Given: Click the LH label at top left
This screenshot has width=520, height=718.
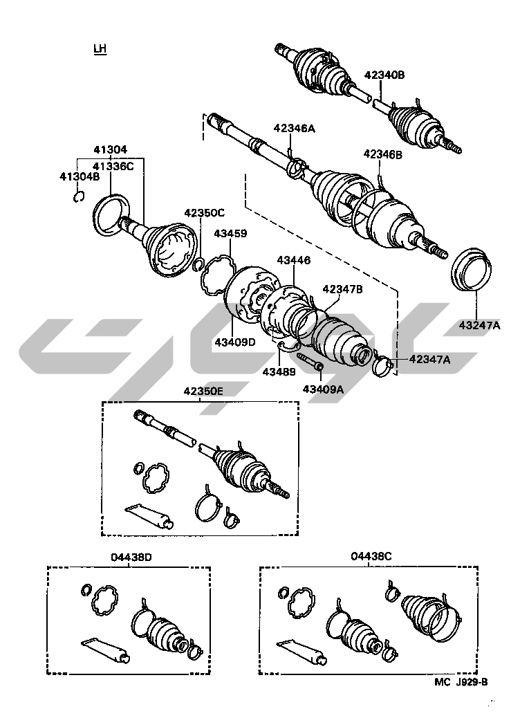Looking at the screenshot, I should click(x=100, y=49).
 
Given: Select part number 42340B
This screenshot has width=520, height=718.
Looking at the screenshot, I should click(x=384, y=75).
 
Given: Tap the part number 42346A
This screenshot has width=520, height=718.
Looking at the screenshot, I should click(x=294, y=128).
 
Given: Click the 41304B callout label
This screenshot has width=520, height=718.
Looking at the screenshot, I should click(x=80, y=176).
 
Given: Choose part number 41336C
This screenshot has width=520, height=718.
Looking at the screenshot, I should click(x=113, y=165).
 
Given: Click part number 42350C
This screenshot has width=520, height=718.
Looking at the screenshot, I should click(x=204, y=212).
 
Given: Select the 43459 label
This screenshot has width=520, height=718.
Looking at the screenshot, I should click(x=230, y=234).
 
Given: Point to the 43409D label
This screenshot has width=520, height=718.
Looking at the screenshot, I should click(x=234, y=342).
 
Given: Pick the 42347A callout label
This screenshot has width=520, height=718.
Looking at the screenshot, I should click(x=429, y=359).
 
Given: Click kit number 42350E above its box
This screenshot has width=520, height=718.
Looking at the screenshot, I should click(x=203, y=391).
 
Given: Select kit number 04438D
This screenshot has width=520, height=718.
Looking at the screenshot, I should click(x=130, y=557).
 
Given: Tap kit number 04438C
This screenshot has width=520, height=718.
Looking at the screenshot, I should click(x=371, y=556).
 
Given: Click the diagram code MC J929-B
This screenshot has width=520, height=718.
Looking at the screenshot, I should click(x=461, y=682).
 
